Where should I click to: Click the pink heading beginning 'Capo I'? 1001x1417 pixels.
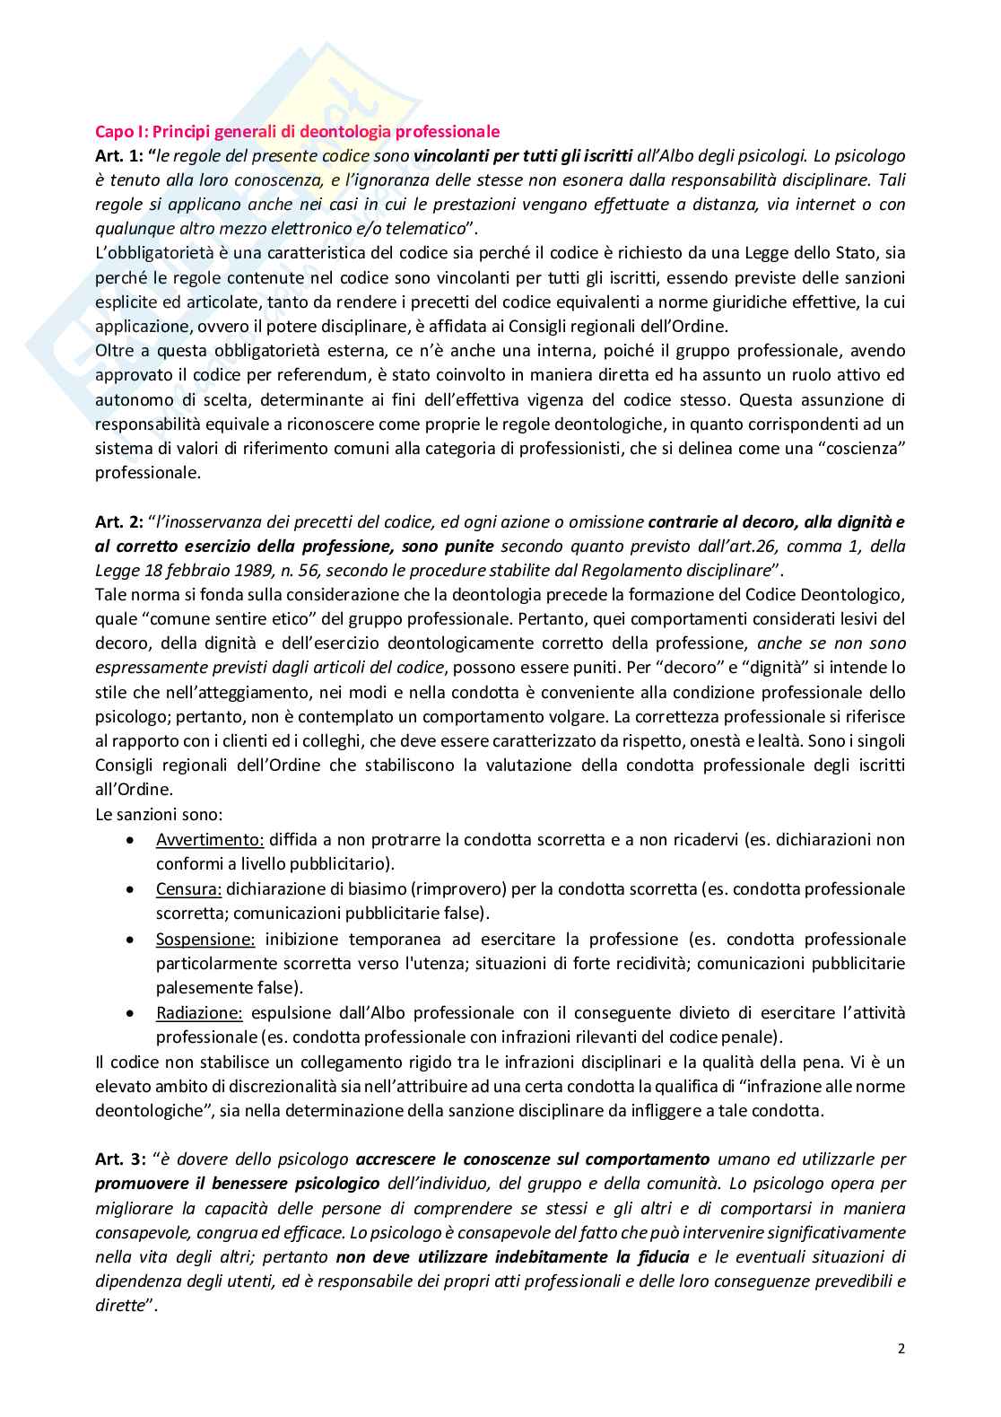pos(297,132)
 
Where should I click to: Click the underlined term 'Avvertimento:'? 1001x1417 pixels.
pos(210,840)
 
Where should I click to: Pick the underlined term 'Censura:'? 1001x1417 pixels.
pos(188,889)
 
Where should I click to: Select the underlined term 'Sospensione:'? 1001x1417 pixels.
pos(205,940)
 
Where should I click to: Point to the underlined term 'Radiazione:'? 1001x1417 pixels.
pos(199,1013)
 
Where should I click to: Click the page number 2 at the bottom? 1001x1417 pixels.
pos(901,1349)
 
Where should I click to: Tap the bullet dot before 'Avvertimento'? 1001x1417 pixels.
pos(132,840)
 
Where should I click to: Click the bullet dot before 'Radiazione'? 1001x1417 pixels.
pos(132,1013)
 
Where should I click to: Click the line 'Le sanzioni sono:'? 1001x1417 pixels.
pos(159,815)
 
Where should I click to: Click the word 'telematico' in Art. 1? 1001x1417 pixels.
pos(427,229)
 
